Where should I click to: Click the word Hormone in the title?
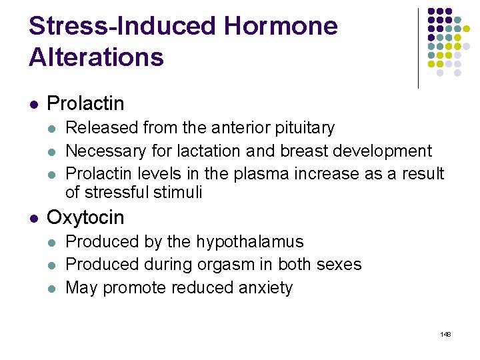coord(281,27)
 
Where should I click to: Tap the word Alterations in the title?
coord(96,57)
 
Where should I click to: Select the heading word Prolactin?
coord(85,103)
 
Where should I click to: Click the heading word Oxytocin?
coord(85,217)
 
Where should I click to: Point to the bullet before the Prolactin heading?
coord(33,104)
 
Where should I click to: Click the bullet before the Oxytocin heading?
coord(33,218)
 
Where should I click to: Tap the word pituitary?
coord(304,128)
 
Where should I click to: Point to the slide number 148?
coord(446,334)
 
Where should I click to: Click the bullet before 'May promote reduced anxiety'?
coord(53,288)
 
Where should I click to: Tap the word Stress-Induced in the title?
coord(123,27)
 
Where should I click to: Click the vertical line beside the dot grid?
coord(418,48)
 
